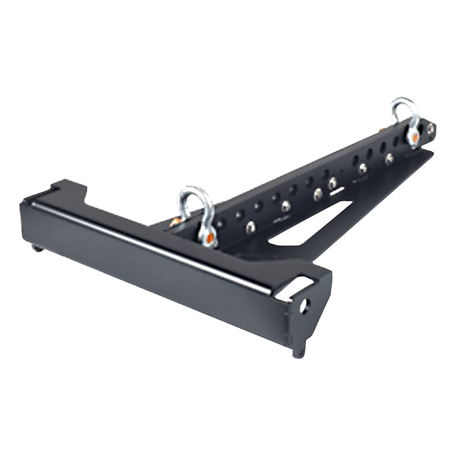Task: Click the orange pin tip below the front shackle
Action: (x=210, y=238)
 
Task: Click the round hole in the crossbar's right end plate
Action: (x=304, y=307)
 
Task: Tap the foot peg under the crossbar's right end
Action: (x=299, y=352)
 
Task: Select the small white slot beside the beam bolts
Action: (x=337, y=192)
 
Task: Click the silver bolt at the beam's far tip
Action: (x=431, y=129)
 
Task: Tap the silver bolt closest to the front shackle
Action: (x=250, y=227)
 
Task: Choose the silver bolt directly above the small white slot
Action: (x=332, y=182)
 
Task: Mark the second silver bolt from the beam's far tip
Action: (x=389, y=158)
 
